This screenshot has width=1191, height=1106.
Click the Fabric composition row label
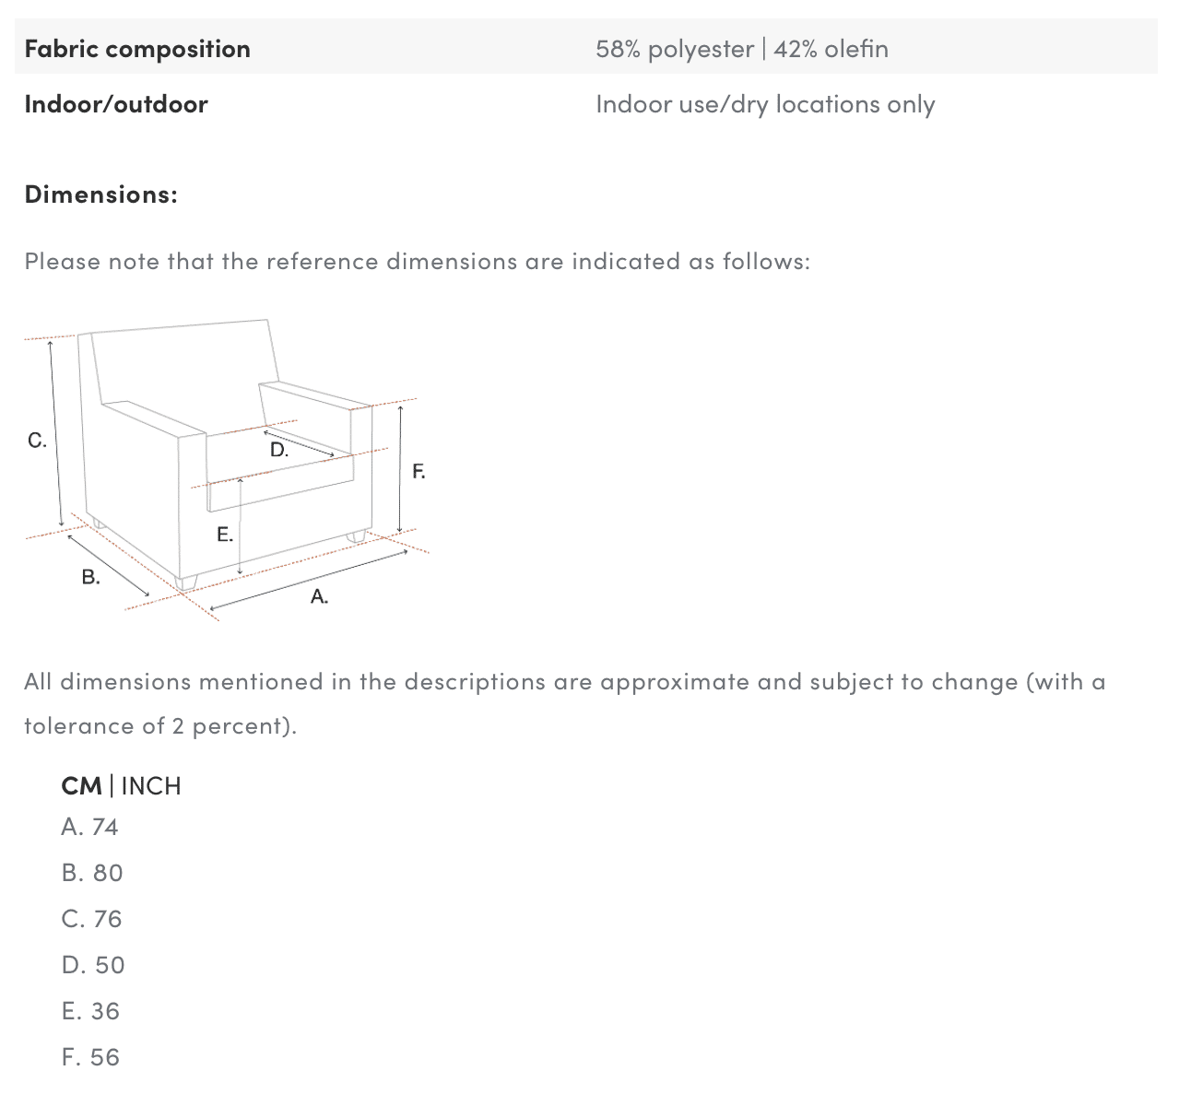[x=137, y=49]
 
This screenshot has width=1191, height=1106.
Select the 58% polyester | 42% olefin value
[x=742, y=49]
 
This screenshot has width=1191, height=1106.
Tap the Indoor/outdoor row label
[x=116, y=104]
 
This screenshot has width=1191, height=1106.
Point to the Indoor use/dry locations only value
[x=765, y=104]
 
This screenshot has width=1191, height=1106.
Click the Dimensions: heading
[x=101, y=194]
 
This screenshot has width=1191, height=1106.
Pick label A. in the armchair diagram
[x=319, y=596]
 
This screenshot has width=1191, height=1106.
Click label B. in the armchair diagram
[x=90, y=577]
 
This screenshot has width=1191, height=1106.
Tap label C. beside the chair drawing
[x=37, y=441]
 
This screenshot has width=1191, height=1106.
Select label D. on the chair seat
[x=279, y=450]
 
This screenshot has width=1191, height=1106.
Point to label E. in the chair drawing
[x=225, y=534]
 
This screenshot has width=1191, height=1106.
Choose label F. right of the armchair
[x=419, y=471]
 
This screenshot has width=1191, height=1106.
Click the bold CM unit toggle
[x=81, y=785]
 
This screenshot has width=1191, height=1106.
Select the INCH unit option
[x=151, y=785]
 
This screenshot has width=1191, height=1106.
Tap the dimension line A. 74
[x=90, y=827]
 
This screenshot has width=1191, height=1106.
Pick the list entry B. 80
[x=92, y=874]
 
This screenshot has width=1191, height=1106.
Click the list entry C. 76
[x=92, y=919]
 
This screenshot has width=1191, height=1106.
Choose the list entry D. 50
[x=93, y=965]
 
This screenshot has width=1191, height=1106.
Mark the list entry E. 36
[x=90, y=1011]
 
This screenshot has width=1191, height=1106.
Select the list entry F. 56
[x=90, y=1057]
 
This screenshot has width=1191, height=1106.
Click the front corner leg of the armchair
[x=186, y=583]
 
